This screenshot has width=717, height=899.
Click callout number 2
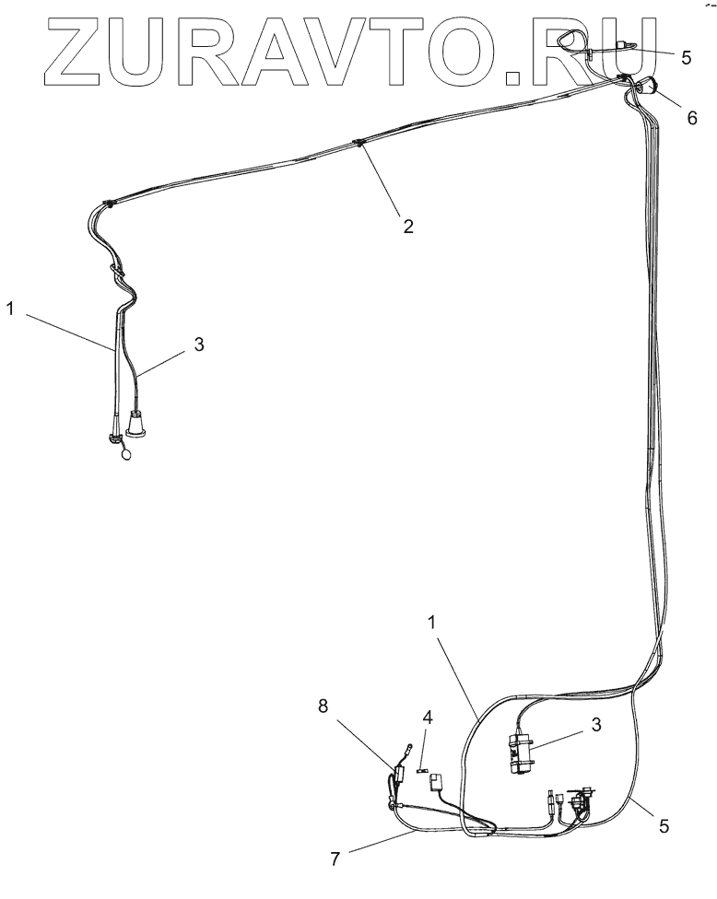click(406, 226)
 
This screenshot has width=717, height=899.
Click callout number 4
click(427, 716)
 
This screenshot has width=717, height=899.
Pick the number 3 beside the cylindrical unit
click(595, 724)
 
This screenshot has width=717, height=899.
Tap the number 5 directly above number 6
click(685, 58)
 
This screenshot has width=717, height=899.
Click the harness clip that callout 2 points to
click(357, 144)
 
